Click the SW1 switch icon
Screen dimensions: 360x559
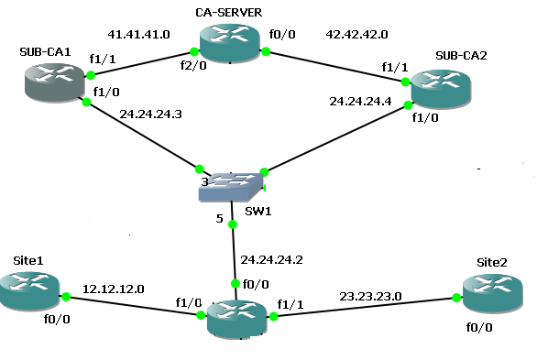tap(232, 186)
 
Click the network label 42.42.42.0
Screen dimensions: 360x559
tap(356, 34)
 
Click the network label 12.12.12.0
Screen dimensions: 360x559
tap(113, 289)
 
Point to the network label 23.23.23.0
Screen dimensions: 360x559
tap(369, 296)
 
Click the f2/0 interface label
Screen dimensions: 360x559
tap(192, 66)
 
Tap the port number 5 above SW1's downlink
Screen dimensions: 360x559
tap(219, 219)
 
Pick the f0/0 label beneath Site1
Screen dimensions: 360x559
tap(57, 321)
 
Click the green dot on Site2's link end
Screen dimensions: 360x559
tap(454, 299)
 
